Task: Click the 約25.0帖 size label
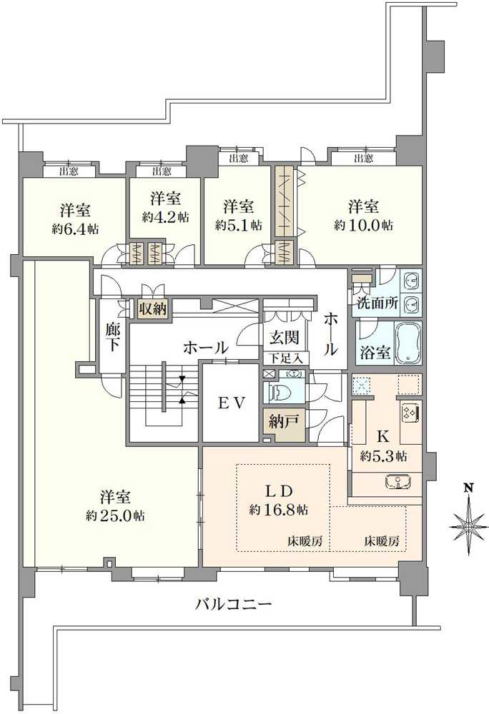114,515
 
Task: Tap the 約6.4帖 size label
75,229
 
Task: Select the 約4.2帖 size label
165,217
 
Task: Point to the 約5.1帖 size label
238,225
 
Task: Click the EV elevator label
232,403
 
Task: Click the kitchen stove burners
411,412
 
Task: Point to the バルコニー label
234,605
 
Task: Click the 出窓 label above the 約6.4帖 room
68,171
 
